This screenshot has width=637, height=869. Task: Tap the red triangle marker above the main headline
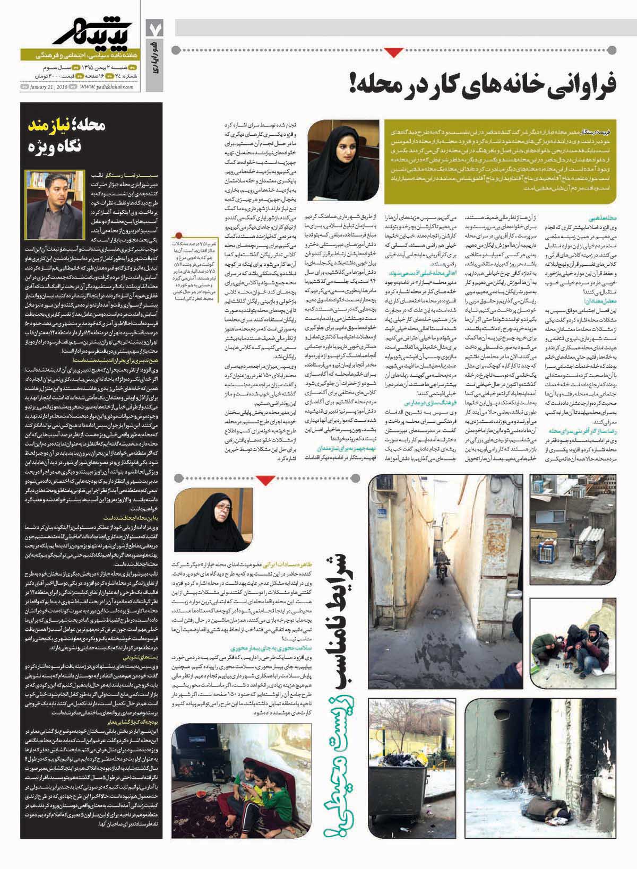(393, 52)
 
